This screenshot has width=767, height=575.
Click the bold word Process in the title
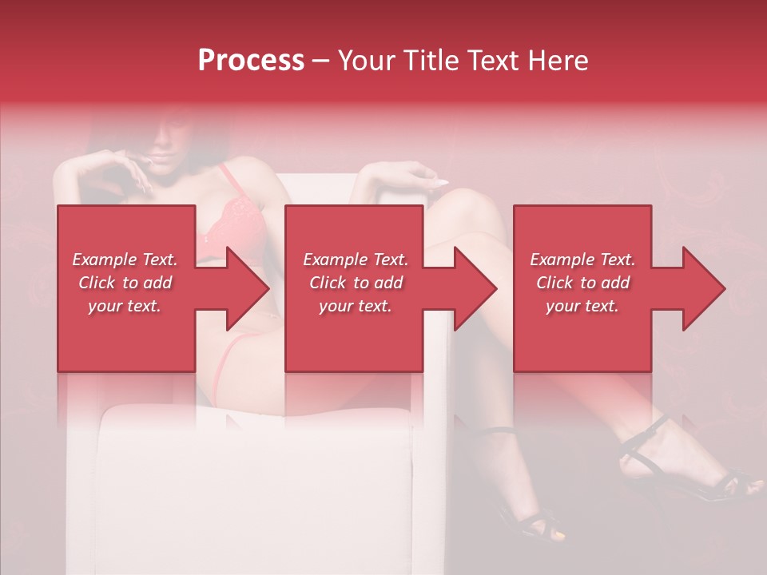(x=251, y=61)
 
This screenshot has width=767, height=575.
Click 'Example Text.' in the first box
(x=125, y=260)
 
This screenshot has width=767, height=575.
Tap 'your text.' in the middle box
(x=355, y=306)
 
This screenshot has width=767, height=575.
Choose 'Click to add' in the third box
(x=582, y=283)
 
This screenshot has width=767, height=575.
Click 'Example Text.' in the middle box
(x=356, y=260)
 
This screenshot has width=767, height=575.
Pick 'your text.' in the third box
(x=582, y=306)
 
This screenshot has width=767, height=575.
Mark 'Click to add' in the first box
(x=125, y=283)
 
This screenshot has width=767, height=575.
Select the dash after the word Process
(x=321, y=61)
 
